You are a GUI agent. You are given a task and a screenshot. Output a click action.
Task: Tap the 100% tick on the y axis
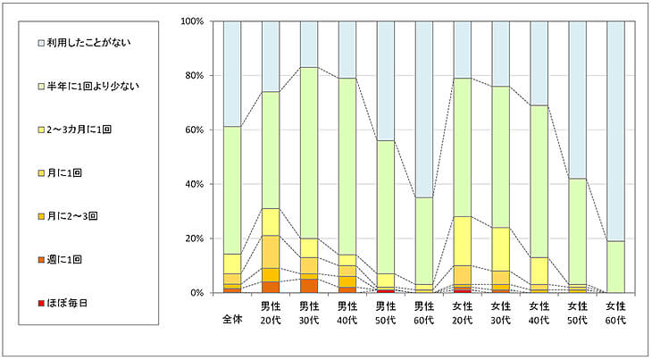[192, 21]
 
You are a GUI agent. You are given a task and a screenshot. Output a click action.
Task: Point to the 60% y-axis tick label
[195, 130]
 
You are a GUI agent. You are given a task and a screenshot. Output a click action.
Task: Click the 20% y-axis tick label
[195, 239]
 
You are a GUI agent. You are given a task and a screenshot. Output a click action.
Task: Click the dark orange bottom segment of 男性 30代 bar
[309, 286]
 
